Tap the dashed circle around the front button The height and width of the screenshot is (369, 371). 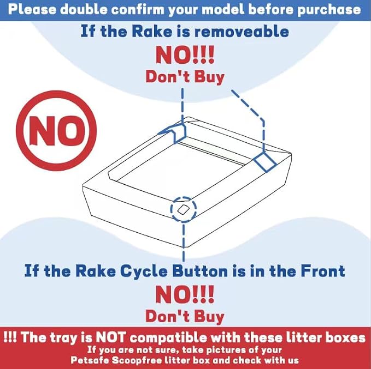(184, 197)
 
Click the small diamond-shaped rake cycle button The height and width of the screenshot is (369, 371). (182, 210)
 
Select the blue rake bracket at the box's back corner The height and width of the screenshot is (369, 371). (174, 132)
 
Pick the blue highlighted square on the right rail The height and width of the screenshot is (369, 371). (265, 161)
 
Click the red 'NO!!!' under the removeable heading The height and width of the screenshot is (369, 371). (185, 55)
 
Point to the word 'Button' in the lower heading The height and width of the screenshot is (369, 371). (200, 271)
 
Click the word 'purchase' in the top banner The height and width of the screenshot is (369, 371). (329, 10)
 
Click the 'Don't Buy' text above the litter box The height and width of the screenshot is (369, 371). (185, 77)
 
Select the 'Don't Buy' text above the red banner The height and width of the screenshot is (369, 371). (185, 316)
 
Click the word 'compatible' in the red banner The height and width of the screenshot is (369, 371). (168, 337)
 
